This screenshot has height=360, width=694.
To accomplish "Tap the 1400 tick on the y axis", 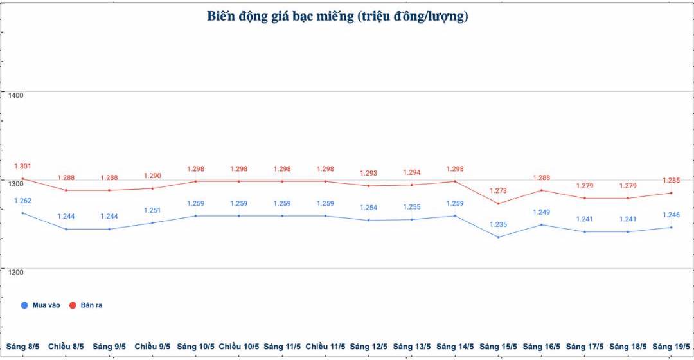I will pyautogui.click(x=15, y=95).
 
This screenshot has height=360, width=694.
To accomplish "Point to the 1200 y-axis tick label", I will pyautogui.click(x=15, y=272).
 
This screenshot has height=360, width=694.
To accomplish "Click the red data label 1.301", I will pyautogui.click(x=22, y=166).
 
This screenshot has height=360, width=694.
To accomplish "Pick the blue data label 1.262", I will pyautogui.click(x=22, y=201).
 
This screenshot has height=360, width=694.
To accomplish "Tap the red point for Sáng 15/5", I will pyautogui.click(x=498, y=203).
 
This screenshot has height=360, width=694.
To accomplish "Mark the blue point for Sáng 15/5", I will pyautogui.click(x=498, y=237).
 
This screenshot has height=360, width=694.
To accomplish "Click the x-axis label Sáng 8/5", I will pyautogui.click(x=22, y=346).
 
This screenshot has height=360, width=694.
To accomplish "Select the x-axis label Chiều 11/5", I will pyautogui.click(x=325, y=346).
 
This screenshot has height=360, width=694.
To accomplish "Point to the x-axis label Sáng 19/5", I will pyautogui.click(x=672, y=346).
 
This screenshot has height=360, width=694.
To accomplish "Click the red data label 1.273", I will pyautogui.click(x=498, y=191).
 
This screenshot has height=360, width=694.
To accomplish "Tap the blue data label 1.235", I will pyautogui.click(x=498, y=224).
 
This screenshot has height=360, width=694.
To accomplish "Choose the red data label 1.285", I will pyautogui.click(x=671, y=181).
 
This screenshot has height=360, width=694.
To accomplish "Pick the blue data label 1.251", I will pyautogui.click(x=152, y=210).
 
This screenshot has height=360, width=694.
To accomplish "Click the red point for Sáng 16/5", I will pyautogui.click(x=542, y=190).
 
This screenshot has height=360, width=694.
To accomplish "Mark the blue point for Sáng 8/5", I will pyautogui.click(x=22, y=213).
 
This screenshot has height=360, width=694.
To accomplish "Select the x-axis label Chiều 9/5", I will pyautogui.click(x=152, y=346).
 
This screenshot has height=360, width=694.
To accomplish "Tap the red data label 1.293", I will pyautogui.click(x=368, y=174).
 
